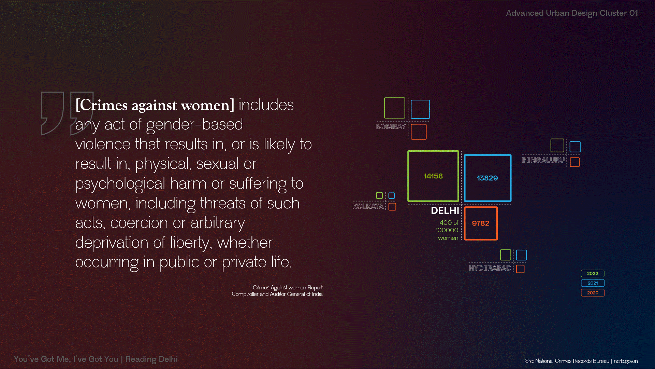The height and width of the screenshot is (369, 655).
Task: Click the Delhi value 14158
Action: click(433, 176)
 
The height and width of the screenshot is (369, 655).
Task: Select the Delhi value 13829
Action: click(487, 178)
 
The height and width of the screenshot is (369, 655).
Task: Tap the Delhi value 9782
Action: click(480, 223)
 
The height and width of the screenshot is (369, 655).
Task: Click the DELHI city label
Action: click(445, 210)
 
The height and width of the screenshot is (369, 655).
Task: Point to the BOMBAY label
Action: click(391, 126)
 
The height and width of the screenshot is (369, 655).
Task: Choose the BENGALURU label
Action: click(543, 160)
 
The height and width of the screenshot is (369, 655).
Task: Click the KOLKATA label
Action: click(368, 206)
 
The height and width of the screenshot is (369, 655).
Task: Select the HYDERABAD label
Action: click(490, 268)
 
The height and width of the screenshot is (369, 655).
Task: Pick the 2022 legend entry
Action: click(593, 273)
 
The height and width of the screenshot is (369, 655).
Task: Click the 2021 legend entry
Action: click(593, 283)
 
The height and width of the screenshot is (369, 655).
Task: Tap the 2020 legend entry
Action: click(593, 293)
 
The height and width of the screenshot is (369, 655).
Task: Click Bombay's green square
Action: click(384, 108)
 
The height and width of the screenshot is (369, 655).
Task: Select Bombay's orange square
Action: click(411, 132)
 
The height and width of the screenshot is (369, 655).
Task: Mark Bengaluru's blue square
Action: click(570, 147)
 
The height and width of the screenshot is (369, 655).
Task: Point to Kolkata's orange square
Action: click(389, 207)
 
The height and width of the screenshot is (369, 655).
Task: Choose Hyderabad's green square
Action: click(500, 255)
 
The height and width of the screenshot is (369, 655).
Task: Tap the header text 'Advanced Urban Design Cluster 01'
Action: click(572, 13)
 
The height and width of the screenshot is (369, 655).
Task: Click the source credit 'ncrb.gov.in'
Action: click(626, 361)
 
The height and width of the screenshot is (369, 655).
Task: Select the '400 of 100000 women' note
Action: click(447, 230)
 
